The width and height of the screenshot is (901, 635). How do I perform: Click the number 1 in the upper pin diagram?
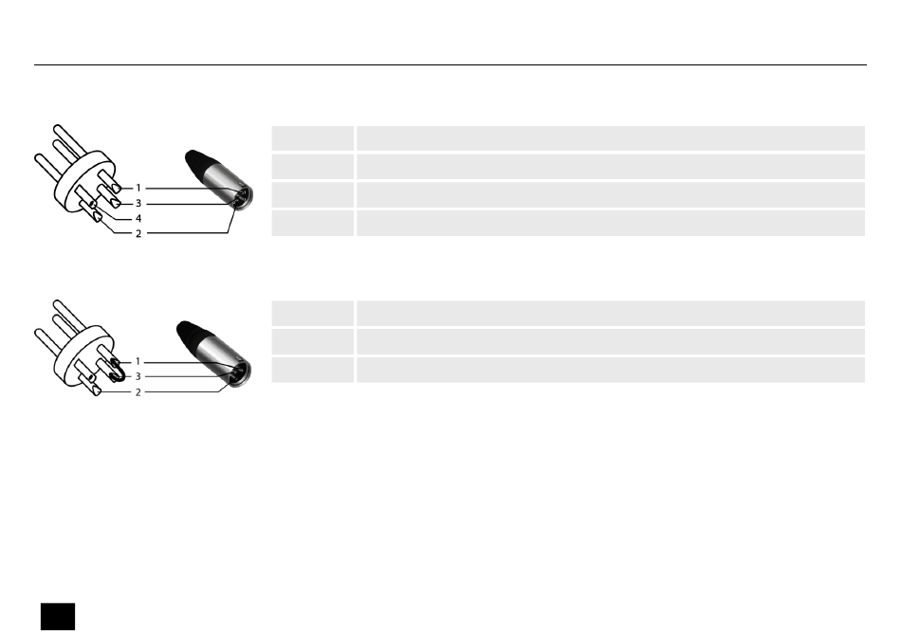point(138,188)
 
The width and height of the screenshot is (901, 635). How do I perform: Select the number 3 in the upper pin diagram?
point(138,203)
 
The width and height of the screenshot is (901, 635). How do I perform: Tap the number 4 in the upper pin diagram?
point(138,218)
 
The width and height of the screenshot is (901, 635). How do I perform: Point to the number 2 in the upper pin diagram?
point(138,234)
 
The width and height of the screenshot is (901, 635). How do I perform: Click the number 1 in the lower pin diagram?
point(138,361)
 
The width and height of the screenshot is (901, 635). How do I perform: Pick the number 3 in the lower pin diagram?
point(138,376)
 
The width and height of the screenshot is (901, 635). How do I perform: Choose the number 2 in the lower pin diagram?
point(138,392)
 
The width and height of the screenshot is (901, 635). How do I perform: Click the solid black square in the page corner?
point(58,616)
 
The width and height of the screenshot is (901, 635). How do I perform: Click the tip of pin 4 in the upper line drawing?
point(93,205)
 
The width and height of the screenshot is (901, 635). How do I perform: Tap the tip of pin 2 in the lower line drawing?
point(97,391)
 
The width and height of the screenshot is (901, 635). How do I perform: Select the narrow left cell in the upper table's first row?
point(313,138)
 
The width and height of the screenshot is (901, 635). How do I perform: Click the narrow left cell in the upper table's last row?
point(313,223)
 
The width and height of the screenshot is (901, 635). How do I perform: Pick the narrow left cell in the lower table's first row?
point(313,313)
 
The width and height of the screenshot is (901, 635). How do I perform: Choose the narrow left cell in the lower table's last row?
point(313,370)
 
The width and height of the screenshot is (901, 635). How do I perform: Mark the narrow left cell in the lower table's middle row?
point(313,341)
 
